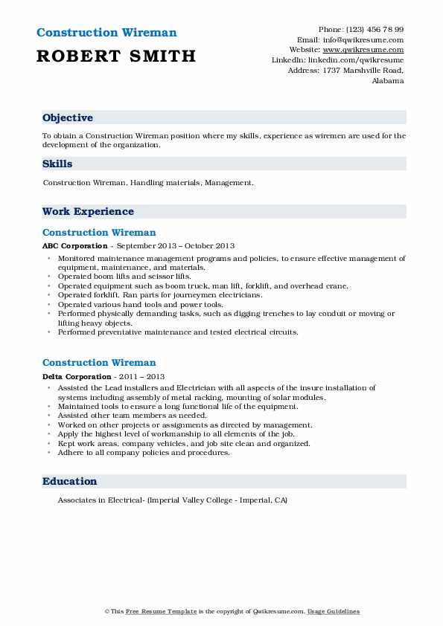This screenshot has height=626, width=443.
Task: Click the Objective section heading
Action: [68, 118]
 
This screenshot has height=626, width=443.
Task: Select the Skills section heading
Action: [57, 164]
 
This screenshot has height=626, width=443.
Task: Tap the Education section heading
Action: [69, 482]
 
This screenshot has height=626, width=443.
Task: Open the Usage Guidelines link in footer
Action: [334, 611]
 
